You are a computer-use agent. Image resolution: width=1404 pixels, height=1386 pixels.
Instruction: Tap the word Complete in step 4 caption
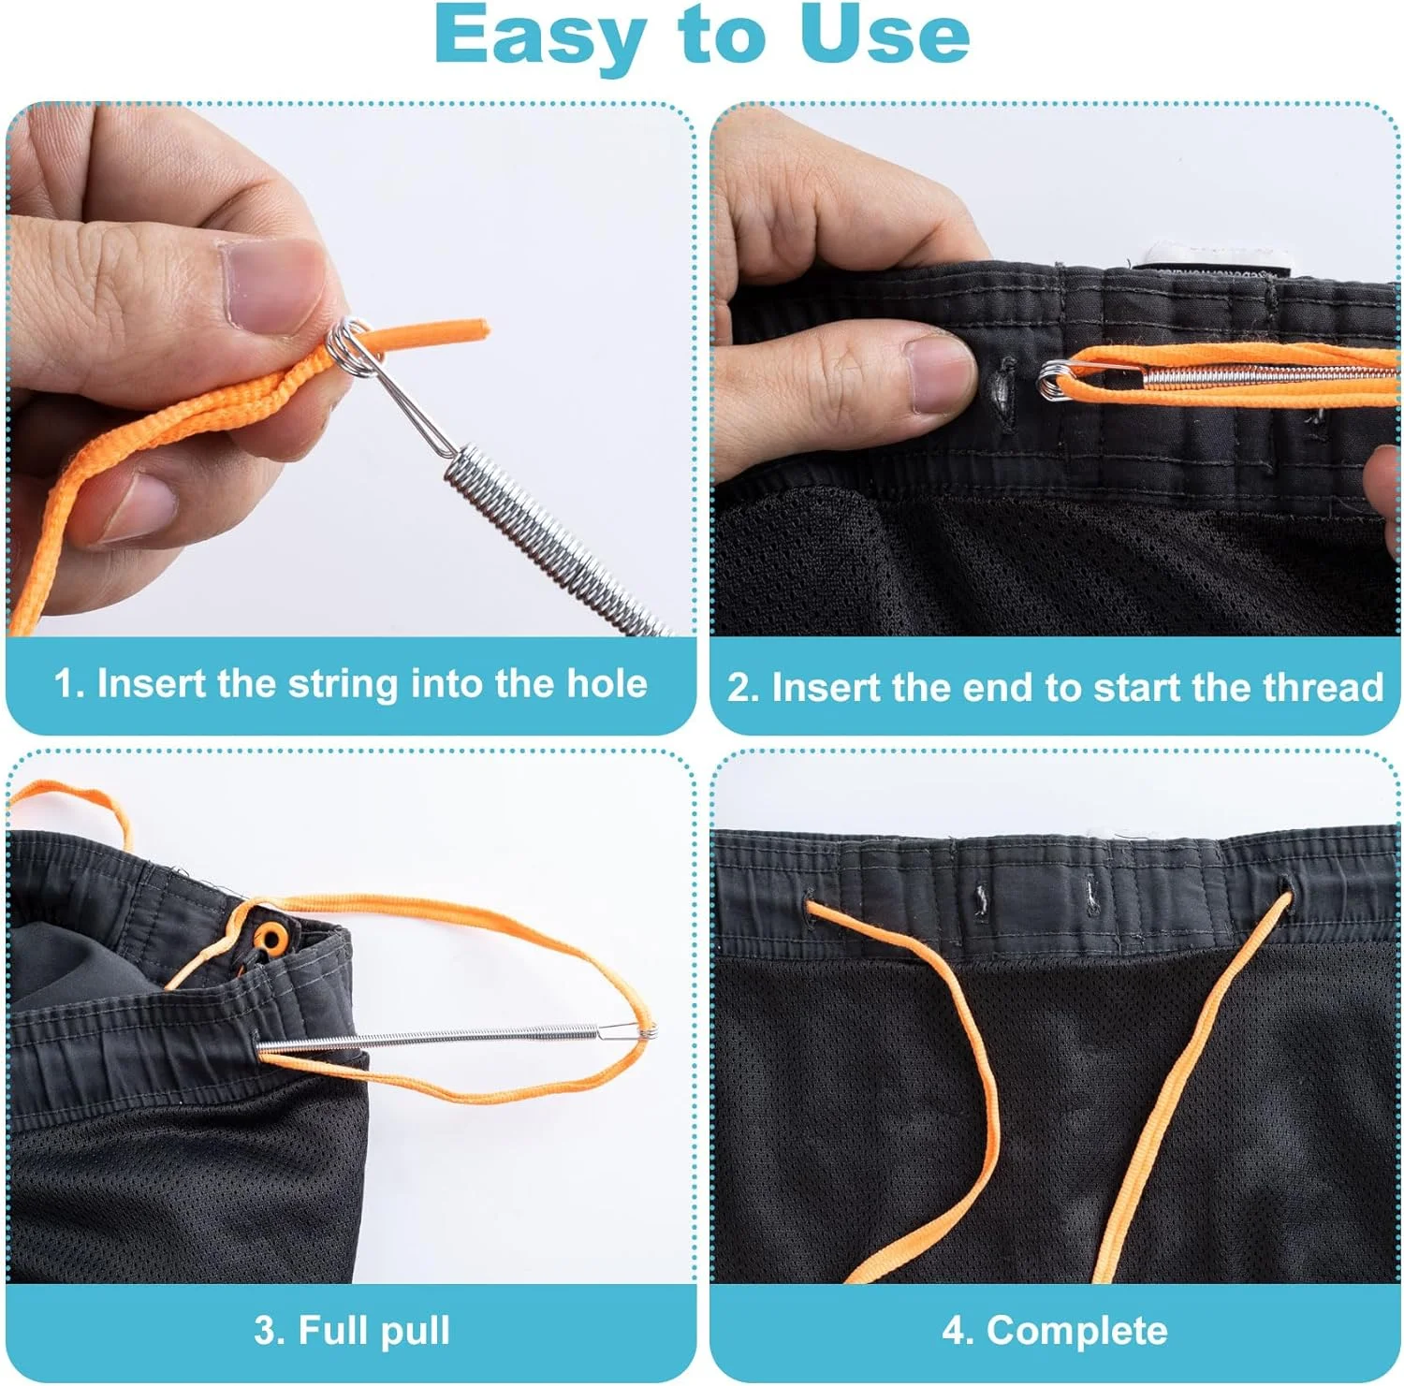pos(1076,1331)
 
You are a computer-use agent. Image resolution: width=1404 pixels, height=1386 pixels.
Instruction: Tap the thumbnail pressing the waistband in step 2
pos(943,374)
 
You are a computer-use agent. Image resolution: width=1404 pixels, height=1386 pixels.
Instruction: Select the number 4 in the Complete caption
pos(954,1331)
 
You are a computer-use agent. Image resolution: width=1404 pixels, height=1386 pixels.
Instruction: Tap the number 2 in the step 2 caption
pos(738,688)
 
